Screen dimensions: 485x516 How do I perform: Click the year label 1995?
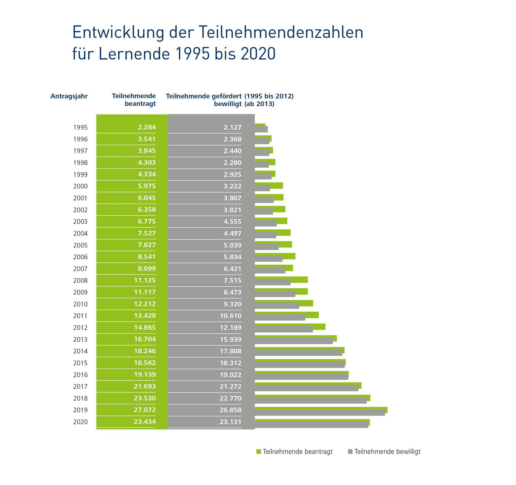pyautogui.click(x=80, y=127)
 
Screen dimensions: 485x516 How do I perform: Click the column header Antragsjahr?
pyautogui.click(x=69, y=96)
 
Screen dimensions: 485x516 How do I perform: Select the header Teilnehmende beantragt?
pyautogui.click(x=134, y=100)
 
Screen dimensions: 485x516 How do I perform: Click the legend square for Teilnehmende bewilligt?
pyautogui.click(x=350, y=452)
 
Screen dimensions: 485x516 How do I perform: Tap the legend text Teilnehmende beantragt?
pyautogui.click(x=298, y=452)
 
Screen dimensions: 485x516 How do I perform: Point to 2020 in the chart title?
pyautogui.click(x=258, y=54)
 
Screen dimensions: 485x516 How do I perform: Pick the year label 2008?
pyautogui.click(x=80, y=281)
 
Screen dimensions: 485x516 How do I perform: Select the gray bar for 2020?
pyautogui.click(x=311, y=425)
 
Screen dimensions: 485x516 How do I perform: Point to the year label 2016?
pyautogui.click(x=80, y=375)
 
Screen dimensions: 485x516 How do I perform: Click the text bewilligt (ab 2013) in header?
pyautogui.click(x=244, y=104)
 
